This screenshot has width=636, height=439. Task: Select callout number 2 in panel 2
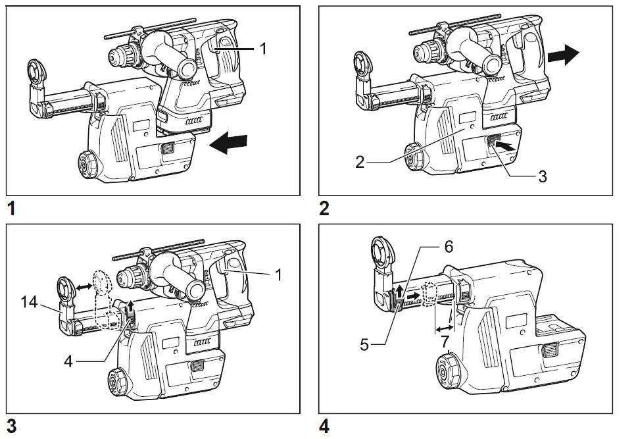pyautogui.click(x=360, y=161)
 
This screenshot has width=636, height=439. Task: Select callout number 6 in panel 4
pyautogui.click(x=449, y=247)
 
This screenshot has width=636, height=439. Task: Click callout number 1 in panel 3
pyautogui.click(x=279, y=275)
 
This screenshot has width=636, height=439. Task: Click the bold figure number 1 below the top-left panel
pyautogui.click(x=11, y=209)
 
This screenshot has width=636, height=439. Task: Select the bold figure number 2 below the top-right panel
pyautogui.click(x=324, y=209)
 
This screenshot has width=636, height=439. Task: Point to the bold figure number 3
pyautogui.click(x=11, y=426)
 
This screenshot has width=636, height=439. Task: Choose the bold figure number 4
pyautogui.click(x=324, y=426)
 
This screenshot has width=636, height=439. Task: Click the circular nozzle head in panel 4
pyautogui.click(x=381, y=255)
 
